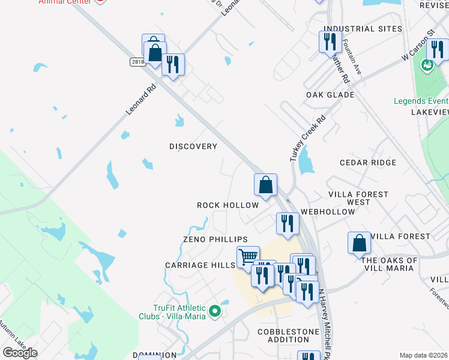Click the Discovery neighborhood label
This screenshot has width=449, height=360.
point(193,146)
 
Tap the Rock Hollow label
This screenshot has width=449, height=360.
point(228,205)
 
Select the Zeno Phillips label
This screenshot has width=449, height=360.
point(215,239)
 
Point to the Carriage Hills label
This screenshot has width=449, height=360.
point(200,265)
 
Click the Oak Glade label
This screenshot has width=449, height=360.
point(330,95)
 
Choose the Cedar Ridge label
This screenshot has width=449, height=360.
point(367,163)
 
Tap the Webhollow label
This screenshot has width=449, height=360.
point(328,212)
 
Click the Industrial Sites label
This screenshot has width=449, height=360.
point(363,29)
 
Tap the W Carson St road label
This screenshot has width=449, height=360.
point(418,47)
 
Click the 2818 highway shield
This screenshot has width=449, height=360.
point(137,62)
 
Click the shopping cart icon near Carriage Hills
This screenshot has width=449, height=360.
point(248,257)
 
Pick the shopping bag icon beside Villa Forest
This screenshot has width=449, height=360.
point(359,243)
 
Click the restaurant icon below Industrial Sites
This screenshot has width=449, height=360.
point(330,42)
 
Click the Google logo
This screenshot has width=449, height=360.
point(20,353)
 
